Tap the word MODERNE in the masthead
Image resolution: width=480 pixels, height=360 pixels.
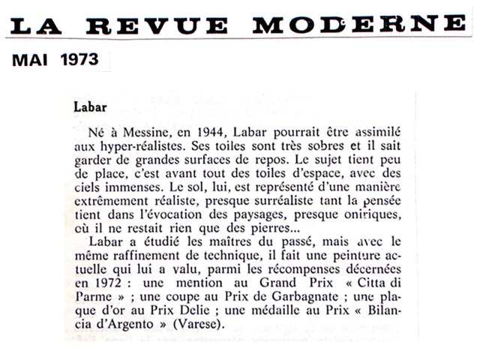(x=359, y=24)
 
